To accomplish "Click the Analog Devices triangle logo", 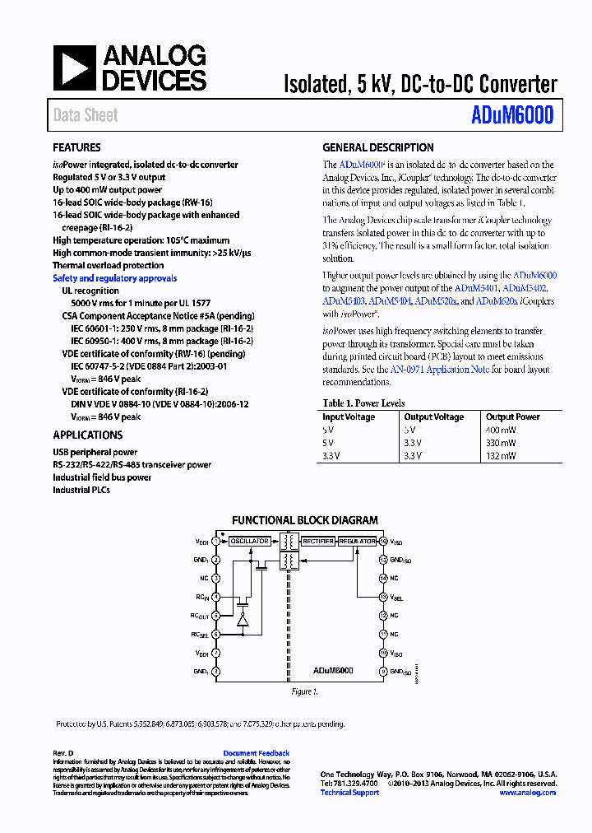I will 74,68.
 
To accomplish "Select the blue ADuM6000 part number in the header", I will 513,115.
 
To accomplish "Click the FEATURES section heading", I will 76,148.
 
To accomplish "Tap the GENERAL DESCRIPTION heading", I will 377,148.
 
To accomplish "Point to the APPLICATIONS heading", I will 87,435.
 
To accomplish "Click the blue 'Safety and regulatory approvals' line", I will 114,278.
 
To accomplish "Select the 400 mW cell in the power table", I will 501,430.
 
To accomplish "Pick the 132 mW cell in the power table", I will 501,455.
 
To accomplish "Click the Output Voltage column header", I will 433,417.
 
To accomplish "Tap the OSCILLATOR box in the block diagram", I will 249,542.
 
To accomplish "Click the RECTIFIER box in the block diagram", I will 317,542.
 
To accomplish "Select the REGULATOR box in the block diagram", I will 357,542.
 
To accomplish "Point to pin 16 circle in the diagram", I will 383,542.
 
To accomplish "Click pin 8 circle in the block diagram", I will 216,672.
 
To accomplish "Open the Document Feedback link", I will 257,753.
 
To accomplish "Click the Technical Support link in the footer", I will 349,793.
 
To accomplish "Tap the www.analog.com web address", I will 527,793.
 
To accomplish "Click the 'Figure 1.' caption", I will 303,692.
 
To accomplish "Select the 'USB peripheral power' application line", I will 95,452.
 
